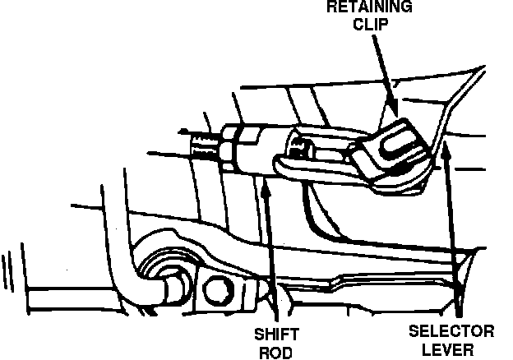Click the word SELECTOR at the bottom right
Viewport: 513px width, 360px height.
tap(451, 331)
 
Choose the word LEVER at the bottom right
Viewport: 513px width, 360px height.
tap(451, 349)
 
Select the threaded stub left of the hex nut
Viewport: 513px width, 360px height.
tap(202, 148)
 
